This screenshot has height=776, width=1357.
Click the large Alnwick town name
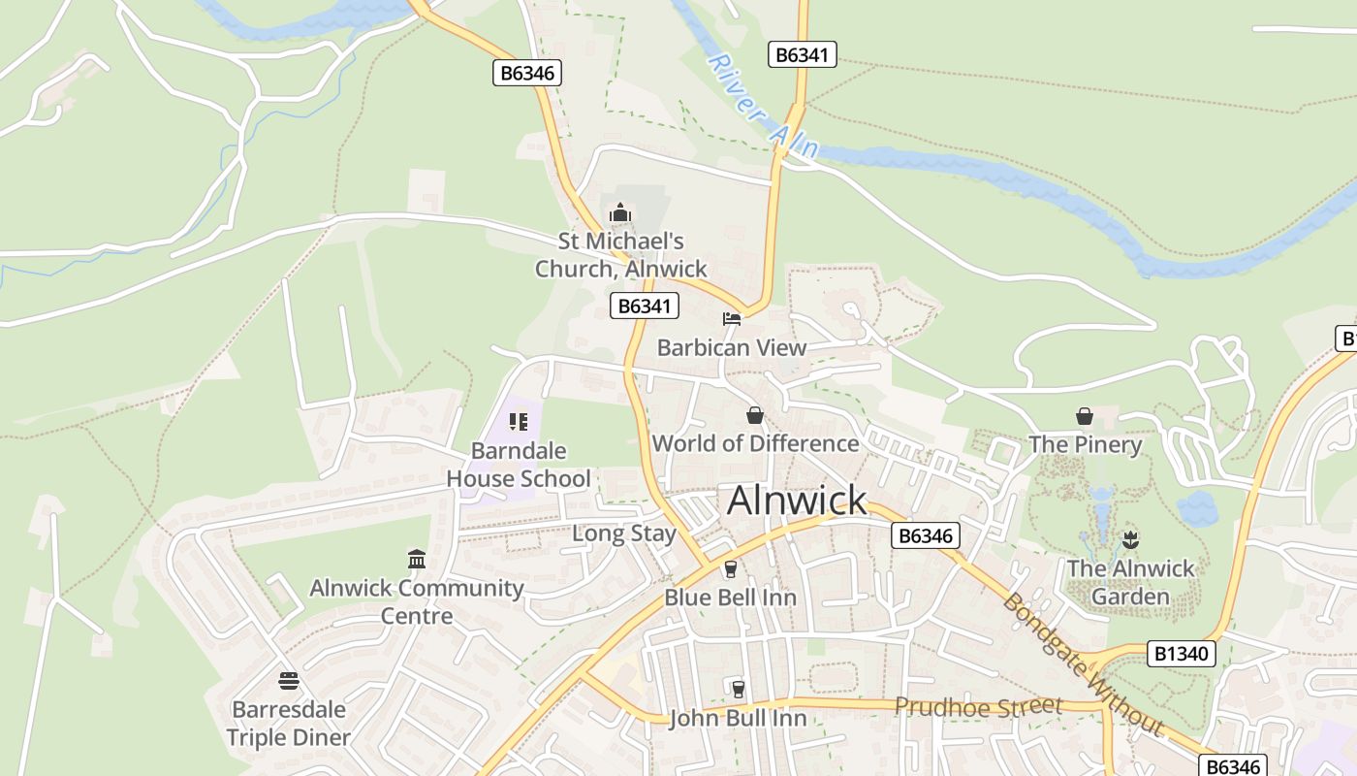pyautogui.click(x=797, y=501)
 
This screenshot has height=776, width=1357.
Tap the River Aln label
pyautogui.click(x=764, y=107)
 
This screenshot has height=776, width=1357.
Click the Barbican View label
pyautogui.click(x=732, y=347)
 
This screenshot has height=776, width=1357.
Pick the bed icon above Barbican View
pyautogui.click(x=732, y=318)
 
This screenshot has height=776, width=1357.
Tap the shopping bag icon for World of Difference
pyautogui.click(x=755, y=415)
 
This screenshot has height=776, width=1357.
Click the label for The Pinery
pyautogui.click(x=1085, y=445)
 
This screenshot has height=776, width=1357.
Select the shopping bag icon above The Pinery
pyautogui.click(x=1085, y=416)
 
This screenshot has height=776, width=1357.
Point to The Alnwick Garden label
pyautogui.click(x=1131, y=582)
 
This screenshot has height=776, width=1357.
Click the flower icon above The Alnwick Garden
pyautogui.click(x=1130, y=538)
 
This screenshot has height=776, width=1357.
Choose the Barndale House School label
pyautogui.click(x=518, y=465)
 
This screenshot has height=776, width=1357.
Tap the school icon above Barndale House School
pyautogui.click(x=518, y=421)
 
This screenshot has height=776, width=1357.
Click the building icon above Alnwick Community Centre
pyautogui.click(x=417, y=559)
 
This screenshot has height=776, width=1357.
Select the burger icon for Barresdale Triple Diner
pyautogui.click(x=288, y=681)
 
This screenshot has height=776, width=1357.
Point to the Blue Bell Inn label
pyautogui.click(x=730, y=598)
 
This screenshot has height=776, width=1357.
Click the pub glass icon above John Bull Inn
pyautogui.click(x=739, y=689)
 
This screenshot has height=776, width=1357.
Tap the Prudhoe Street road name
pyautogui.click(x=978, y=707)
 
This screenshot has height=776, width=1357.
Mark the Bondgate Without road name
pyautogui.click(x=1082, y=663)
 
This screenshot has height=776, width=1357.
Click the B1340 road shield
pyautogui.click(x=1182, y=654)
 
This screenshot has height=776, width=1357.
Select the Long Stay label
pyautogui.click(x=624, y=533)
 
